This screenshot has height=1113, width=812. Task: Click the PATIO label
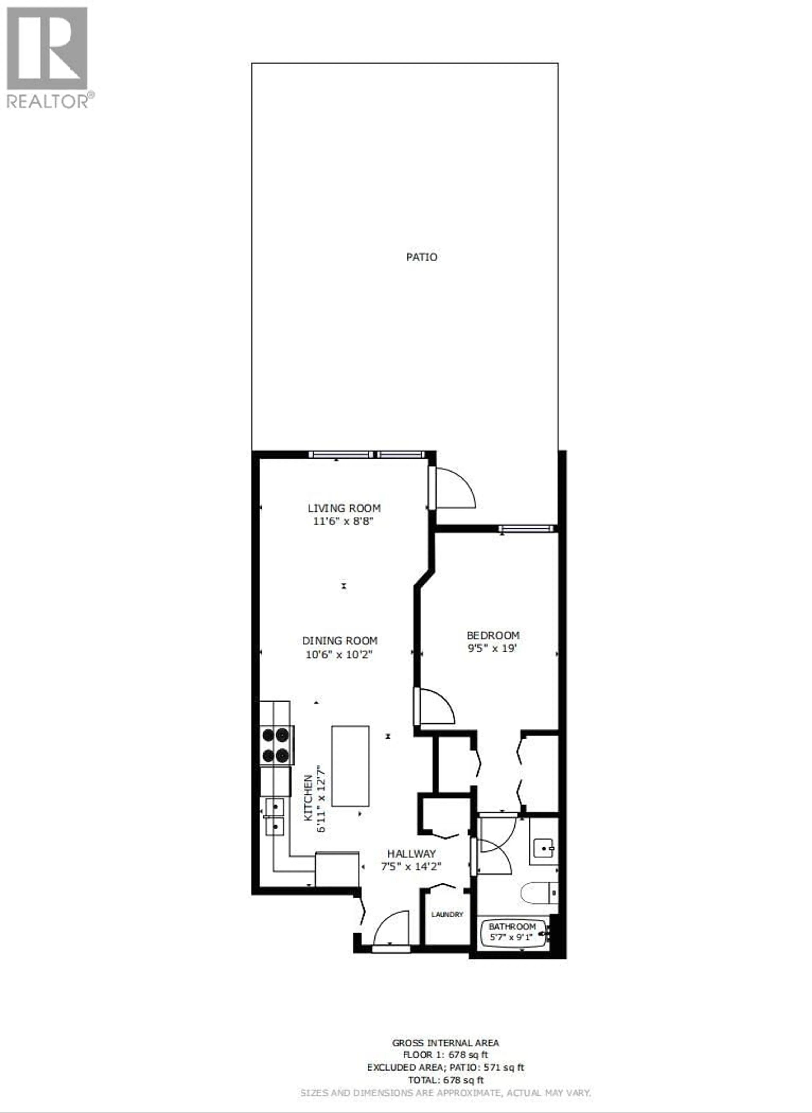click(421, 257)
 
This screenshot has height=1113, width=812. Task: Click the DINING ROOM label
click(340, 641)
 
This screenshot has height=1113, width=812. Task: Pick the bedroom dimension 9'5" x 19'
click(492, 648)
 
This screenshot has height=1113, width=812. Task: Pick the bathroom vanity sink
click(544, 847)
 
